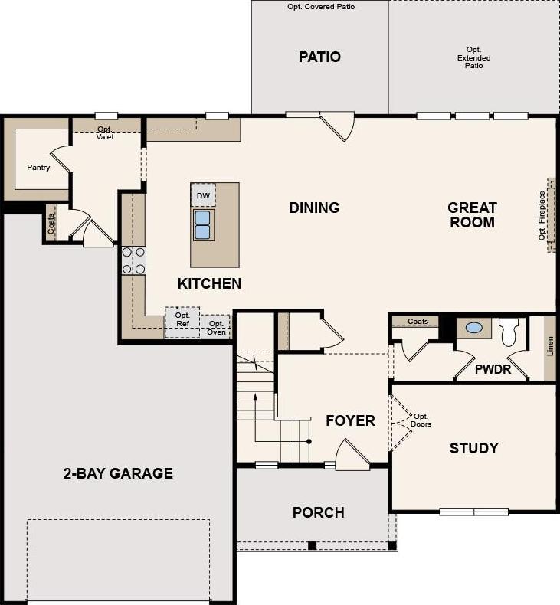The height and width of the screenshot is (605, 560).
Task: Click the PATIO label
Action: [x=319, y=57]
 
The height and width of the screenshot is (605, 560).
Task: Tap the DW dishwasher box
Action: [x=203, y=195]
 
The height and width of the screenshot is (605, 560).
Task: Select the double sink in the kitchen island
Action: [x=203, y=225]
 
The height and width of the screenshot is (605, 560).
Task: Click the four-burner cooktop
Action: [x=133, y=260]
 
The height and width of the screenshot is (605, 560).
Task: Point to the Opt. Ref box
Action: [x=182, y=322]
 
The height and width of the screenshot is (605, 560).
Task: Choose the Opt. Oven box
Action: [x=216, y=328]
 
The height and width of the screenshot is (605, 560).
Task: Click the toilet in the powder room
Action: [x=509, y=332]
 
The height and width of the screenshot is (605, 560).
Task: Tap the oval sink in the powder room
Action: [x=474, y=328]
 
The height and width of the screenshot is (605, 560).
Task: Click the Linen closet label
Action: [x=550, y=346]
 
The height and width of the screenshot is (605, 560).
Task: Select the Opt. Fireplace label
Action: [x=542, y=216]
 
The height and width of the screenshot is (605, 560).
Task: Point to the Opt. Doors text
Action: [x=421, y=420]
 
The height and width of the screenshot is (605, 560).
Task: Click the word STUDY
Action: [x=474, y=448]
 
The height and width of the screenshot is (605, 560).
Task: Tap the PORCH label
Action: [x=319, y=513]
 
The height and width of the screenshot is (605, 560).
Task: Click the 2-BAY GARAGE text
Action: [x=118, y=473]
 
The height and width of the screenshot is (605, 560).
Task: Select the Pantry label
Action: [x=38, y=168]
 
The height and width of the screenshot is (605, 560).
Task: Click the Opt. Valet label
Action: [x=105, y=132]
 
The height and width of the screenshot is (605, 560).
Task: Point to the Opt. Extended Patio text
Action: [x=474, y=57]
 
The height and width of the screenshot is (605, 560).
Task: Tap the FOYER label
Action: [x=350, y=420]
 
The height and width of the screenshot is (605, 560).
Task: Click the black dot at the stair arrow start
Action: [x=309, y=441]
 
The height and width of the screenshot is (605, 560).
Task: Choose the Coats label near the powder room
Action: [x=418, y=322]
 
